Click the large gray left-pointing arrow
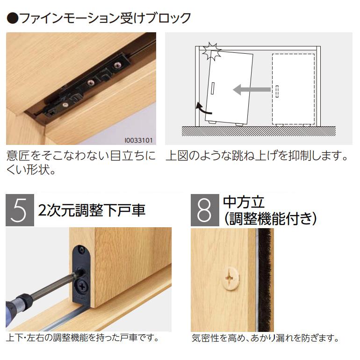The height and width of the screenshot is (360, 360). (252, 89)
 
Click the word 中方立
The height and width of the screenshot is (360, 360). (244, 202)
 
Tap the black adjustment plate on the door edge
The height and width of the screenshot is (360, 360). (81, 271)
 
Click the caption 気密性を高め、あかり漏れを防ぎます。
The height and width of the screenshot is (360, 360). (265, 338)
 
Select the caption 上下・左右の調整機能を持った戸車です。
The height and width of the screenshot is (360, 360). (83, 337)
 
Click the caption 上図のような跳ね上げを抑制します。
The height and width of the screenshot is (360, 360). (257, 156)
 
